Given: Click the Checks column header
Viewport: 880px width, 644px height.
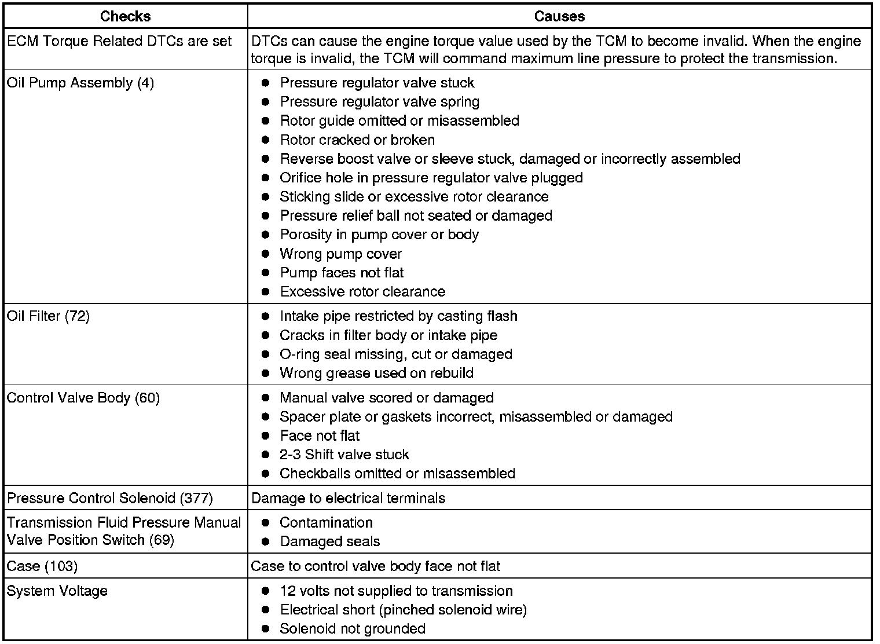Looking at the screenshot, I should click(x=125, y=16).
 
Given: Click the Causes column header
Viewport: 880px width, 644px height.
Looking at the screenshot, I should click(x=559, y=16).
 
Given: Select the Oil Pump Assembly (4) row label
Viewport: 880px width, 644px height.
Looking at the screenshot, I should click(x=80, y=83).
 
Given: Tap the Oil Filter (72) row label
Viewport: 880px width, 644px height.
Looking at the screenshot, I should click(x=48, y=316).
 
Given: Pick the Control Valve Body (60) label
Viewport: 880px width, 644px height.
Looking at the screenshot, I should click(x=83, y=398).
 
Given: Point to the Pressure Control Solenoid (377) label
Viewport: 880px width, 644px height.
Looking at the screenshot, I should click(x=110, y=498).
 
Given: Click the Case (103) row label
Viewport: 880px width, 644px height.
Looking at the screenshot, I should click(x=42, y=566).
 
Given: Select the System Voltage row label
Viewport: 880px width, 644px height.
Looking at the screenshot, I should click(x=57, y=591).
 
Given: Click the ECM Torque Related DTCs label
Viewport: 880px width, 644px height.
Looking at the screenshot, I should click(x=119, y=41).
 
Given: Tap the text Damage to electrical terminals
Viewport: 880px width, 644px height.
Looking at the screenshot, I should click(x=348, y=498).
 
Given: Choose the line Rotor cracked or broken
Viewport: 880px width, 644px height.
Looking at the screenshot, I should click(x=357, y=140).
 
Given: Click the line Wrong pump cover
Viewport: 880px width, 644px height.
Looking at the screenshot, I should click(x=340, y=254).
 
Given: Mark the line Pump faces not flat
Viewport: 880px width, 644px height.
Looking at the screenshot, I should click(x=342, y=273).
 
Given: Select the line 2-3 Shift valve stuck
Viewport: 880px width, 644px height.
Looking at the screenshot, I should click(x=344, y=455).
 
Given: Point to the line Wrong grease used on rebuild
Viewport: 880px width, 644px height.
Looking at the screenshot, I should click(x=376, y=373).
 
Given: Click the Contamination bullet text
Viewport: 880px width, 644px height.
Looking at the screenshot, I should click(x=326, y=522).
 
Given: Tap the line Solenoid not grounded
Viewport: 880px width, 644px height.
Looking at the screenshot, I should click(x=353, y=628).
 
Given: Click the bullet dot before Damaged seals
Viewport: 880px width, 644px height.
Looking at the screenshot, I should click(x=266, y=541).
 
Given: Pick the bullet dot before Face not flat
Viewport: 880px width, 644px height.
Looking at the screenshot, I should click(x=266, y=436).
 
